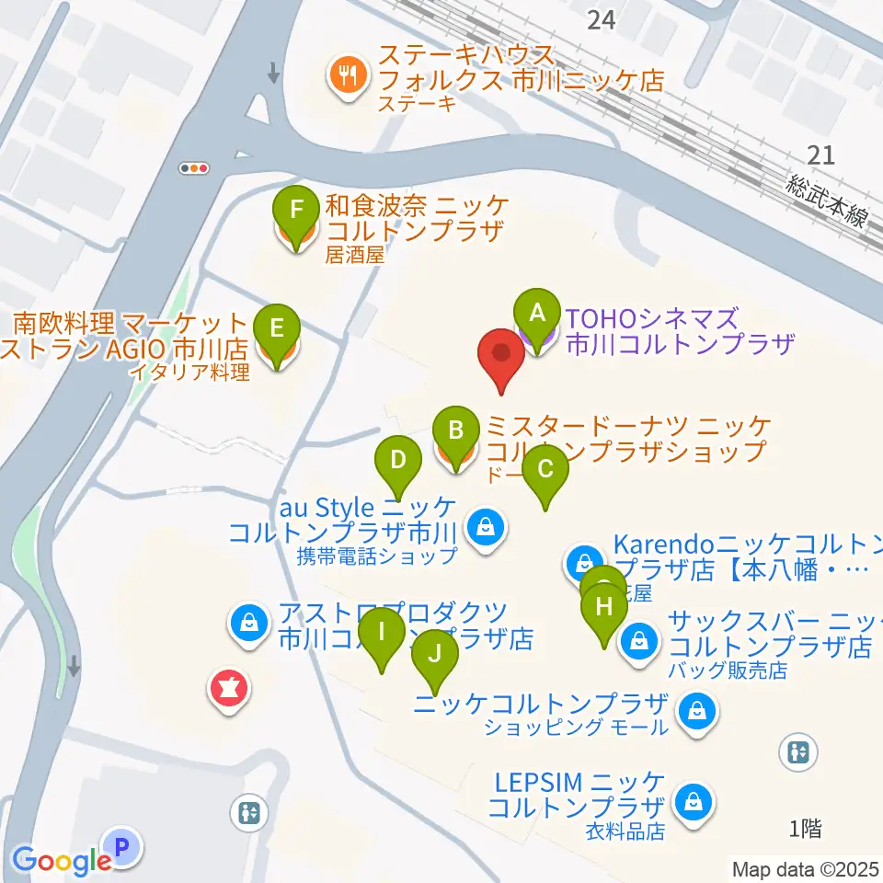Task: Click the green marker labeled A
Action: click(x=537, y=315)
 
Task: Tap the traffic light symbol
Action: click(x=195, y=168)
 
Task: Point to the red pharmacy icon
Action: click(x=227, y=688)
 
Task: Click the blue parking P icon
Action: click(x=122, y=845)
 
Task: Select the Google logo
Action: click(x=62, y=860)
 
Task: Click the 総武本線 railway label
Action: click(x=827, y=199)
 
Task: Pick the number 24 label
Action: click(x=602, y=19)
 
